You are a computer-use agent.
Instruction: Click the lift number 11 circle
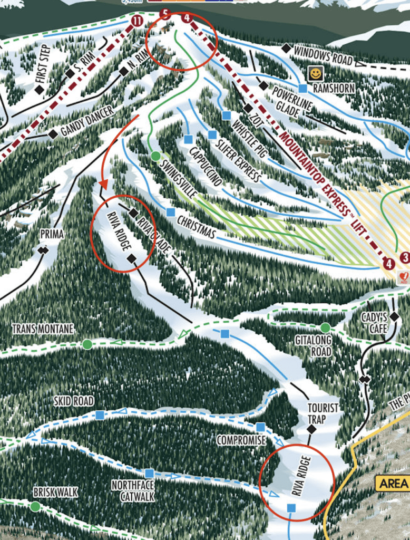click(137, 21)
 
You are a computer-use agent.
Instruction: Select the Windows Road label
click(323, 55)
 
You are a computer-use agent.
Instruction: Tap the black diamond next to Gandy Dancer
click(53, 134)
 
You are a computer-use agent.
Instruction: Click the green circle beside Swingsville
click(155, 156)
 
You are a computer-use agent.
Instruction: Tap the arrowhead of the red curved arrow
click(104, 185)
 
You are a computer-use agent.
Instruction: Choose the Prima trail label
click(52, 234)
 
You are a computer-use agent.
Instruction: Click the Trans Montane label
click(43, 329)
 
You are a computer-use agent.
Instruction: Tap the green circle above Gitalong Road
click(325, 327)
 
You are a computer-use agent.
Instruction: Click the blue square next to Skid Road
click(100, 415)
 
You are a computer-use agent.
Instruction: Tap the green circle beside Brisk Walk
click(35, 506)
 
